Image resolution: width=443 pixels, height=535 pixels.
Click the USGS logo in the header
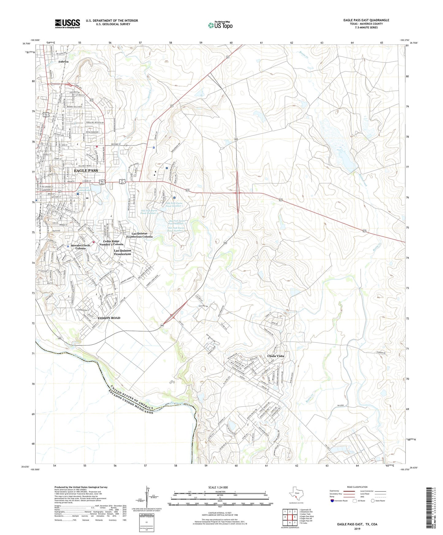[x=67, y=24]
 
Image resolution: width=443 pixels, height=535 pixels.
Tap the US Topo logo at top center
[x=220, y=25]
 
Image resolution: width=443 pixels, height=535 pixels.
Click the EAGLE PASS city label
[x=86, y=170]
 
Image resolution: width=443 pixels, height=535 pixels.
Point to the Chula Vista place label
[x=276, y=356]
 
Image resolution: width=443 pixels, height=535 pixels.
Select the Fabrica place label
[x=63, y=62]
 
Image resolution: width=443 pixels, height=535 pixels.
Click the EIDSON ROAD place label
[x=109, y=318]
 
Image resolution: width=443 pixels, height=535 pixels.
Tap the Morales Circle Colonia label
[x=81, y=247]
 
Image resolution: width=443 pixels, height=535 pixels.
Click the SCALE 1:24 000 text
[x=218, y=487]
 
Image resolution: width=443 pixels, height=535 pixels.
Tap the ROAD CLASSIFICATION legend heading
[x=357, y=487]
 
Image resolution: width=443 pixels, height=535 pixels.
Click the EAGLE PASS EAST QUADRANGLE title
[x=366, y=20]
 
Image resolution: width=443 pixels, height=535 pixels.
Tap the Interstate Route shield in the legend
[x=332, y=501]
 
